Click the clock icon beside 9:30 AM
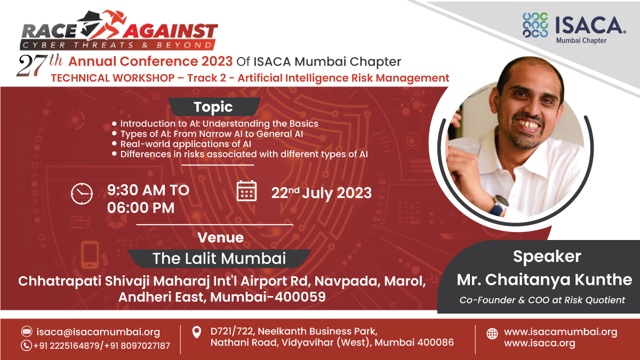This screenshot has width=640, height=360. pos(82,193)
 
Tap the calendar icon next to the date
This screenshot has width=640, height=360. pos(246,191)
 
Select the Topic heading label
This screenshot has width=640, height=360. pos(213,107)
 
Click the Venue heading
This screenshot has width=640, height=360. pos(220,237)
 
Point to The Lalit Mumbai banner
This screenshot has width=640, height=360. pos(219,259)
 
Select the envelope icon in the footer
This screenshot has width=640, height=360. pos(27,331)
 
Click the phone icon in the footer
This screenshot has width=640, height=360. pos(27,345)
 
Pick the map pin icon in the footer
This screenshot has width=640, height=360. pos(196,333)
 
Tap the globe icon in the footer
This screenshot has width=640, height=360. pos(492,334)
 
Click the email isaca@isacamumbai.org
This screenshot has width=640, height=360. pos(98,332)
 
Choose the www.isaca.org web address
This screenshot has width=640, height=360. pos(540,343)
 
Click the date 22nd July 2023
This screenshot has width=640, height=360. pos(321,193)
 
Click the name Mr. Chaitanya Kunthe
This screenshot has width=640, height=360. pos(545,279)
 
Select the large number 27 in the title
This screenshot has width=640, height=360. pos(33,66)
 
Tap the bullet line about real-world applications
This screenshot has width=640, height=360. pos(186,144)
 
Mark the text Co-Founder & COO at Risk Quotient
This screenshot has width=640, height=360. pos(542,300)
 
